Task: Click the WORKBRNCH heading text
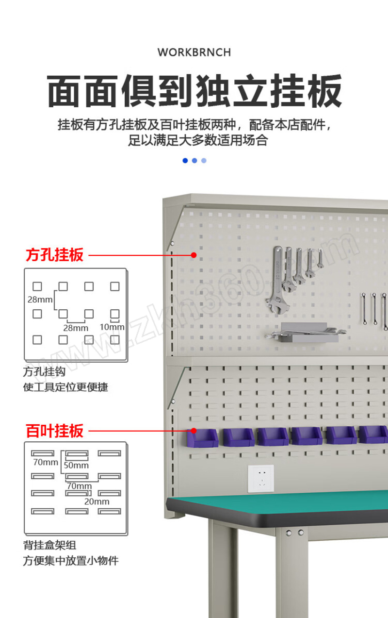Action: point(194,52)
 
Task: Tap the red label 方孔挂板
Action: point(54,254)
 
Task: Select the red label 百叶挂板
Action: point(54,431)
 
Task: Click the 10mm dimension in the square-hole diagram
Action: point(112,327)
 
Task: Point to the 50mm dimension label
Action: point(76,466)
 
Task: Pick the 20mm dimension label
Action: point(97,501)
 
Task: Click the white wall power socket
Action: point(261,478)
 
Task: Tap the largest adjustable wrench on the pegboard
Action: point(277,280)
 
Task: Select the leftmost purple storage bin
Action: point(202,438)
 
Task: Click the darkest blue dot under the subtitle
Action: point(185,161)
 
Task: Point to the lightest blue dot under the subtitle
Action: point(204,161)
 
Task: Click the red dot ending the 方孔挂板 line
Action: point(194,255)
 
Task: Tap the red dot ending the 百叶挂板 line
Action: point(194,431)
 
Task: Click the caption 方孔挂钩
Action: point(44,372)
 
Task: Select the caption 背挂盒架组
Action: point(49,545)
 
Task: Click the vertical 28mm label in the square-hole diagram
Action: point(40,300)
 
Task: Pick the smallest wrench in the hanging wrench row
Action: point(320,258)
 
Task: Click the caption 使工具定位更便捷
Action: point(65,387)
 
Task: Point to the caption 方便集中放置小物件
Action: point(71,561)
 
